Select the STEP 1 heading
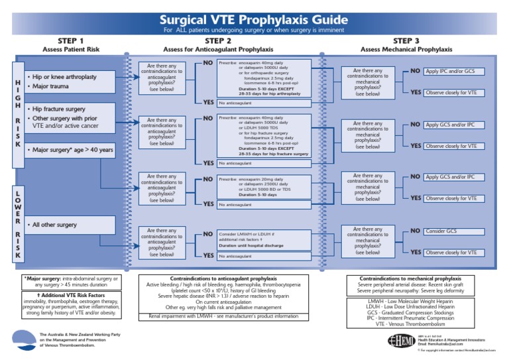71,40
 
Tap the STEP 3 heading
406,40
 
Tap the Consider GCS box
442,231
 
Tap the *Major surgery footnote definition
71,282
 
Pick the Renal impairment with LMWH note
223,316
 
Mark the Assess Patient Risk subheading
71,50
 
